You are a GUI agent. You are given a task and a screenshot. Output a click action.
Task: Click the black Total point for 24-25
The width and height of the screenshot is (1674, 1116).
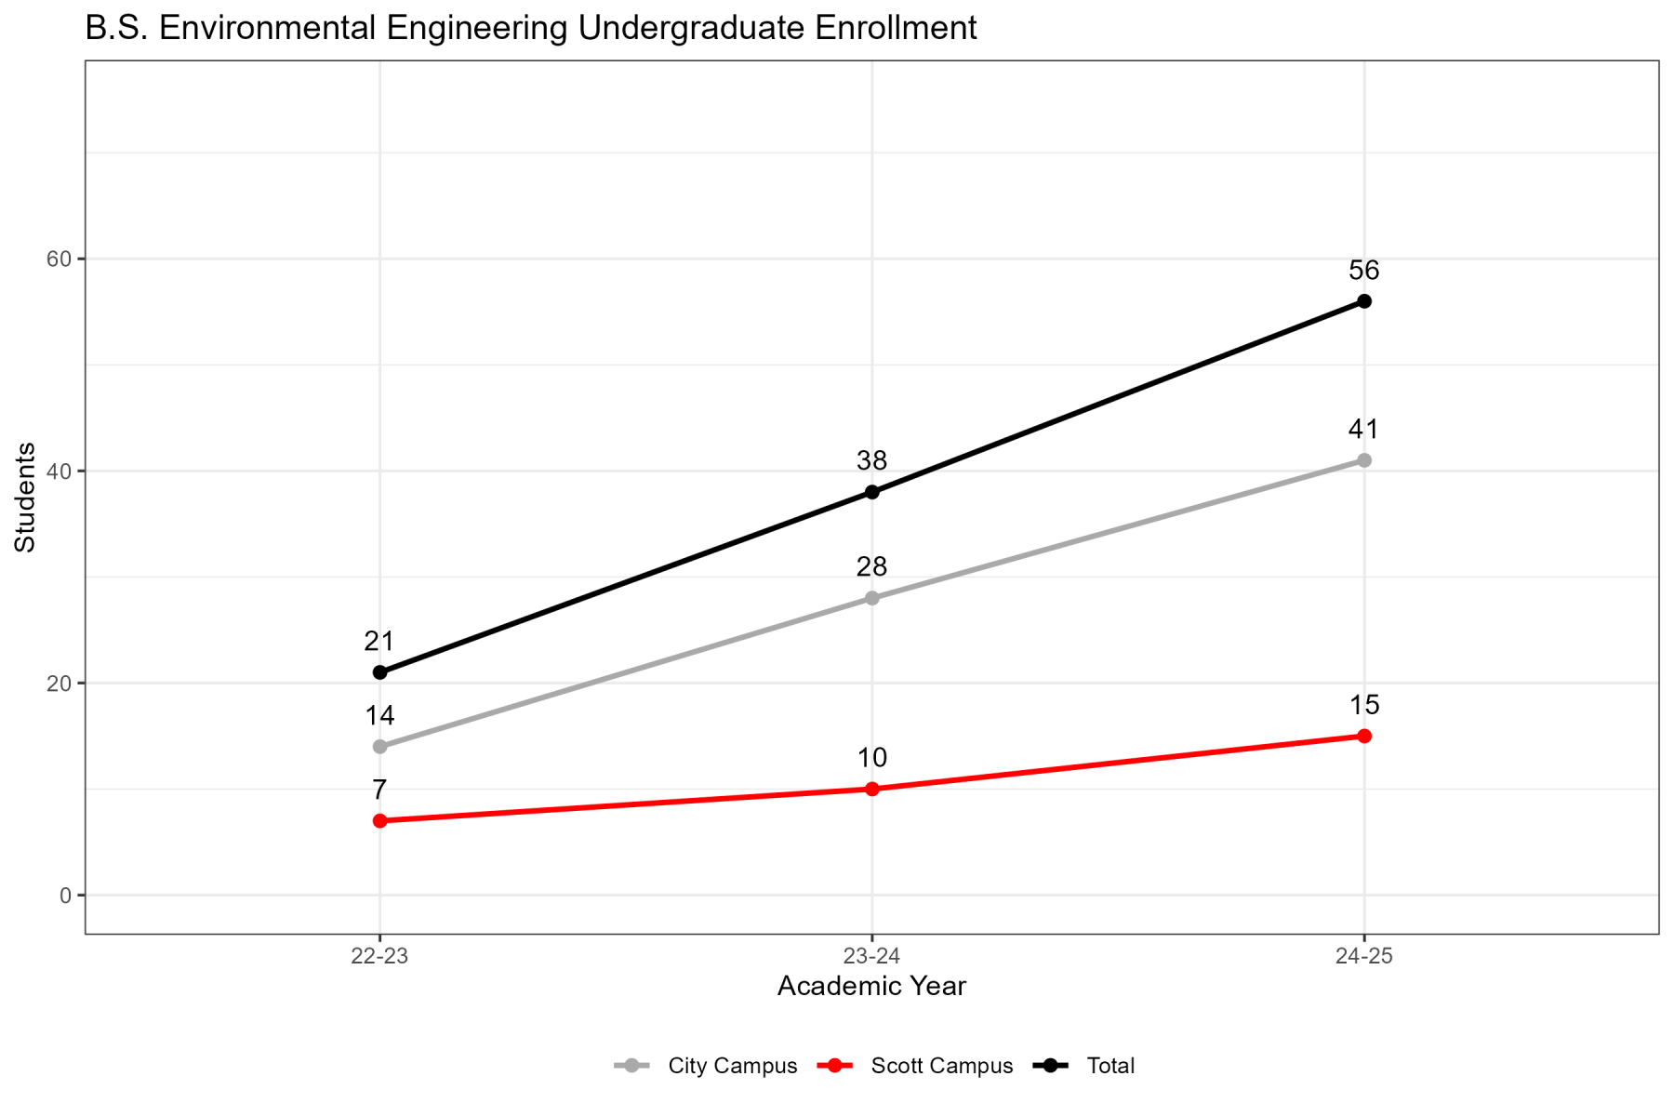1364,301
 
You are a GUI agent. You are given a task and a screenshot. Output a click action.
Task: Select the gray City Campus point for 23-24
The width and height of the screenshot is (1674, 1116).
872,598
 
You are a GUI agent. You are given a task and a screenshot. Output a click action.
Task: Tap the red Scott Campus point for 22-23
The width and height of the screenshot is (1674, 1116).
379,821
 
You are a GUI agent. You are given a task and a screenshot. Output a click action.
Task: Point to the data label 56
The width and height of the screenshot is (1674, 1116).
1364,272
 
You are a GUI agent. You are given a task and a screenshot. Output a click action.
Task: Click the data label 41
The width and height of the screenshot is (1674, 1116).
1364,430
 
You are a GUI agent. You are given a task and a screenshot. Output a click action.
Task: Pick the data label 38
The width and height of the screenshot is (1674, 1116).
872,461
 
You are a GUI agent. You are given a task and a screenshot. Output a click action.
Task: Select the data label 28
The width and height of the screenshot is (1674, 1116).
872,567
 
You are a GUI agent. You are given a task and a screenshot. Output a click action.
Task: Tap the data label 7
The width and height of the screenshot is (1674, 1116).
379,790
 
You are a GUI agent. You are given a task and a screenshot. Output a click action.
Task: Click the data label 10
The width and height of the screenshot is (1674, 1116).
872,758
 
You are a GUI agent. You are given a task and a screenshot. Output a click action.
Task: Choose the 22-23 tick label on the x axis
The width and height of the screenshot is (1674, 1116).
379,957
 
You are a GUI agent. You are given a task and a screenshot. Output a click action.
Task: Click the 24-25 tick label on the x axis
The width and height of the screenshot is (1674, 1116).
1364,957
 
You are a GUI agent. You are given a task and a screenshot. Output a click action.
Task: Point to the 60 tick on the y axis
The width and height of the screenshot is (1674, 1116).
60,259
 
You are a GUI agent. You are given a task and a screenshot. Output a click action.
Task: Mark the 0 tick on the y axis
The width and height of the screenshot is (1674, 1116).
65,896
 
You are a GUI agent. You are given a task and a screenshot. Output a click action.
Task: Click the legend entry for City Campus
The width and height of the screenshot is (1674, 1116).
732,1066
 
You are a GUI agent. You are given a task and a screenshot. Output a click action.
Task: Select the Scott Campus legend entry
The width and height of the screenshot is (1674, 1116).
941,1066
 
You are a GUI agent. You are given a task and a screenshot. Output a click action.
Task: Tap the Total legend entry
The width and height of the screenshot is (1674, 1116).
1110,1066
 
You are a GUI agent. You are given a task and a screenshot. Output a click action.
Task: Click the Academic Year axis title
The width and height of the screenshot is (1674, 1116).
872,987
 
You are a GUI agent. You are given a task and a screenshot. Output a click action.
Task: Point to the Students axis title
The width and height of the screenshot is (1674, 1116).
26,497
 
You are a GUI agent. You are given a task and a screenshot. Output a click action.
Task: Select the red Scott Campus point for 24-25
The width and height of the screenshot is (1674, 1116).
1364,737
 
